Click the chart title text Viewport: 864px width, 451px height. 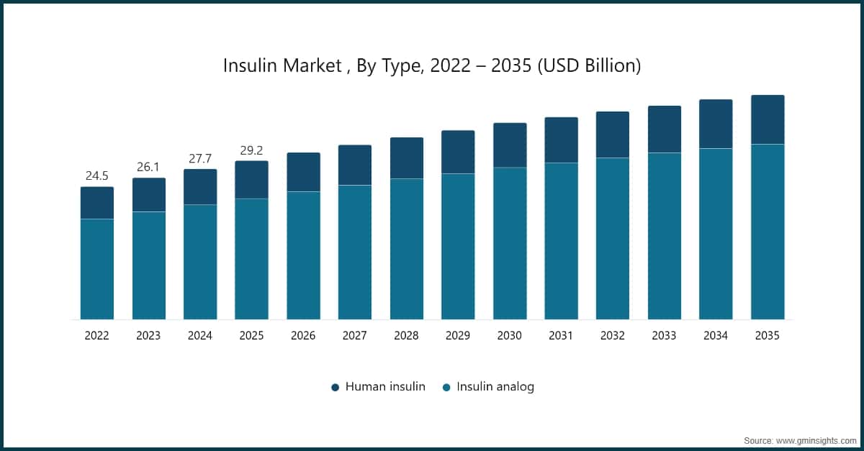432,66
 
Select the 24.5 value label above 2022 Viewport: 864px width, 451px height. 96,176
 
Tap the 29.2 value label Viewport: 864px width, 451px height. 251,150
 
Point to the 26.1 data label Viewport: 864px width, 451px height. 148,167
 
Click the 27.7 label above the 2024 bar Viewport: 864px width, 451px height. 199,158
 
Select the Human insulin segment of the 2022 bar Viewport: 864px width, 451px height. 96,203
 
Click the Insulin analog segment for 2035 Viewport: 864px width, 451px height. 768,232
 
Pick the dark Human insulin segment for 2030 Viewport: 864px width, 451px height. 510,145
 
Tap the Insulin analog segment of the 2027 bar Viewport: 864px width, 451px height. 355,252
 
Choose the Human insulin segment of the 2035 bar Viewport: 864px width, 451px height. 768,119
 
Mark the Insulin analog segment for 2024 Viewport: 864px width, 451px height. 199,262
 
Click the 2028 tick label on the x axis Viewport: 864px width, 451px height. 406,336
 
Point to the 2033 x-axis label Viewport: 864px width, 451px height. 664,336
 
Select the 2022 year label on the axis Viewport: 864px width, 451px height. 96,336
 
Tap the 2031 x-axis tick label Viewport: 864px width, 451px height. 561,336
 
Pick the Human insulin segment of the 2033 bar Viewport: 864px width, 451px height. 664,129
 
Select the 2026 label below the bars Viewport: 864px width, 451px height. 303,336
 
